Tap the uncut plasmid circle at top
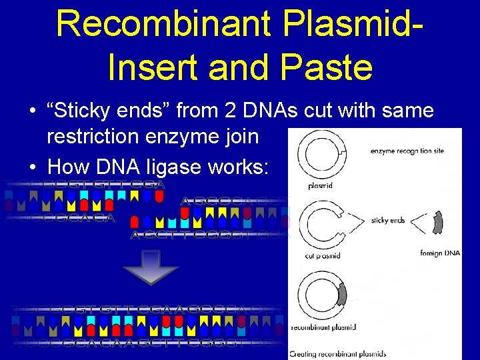pyautogui.click(x=318, y=153)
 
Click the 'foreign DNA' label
pyautogui.click(x=440, y=253)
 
